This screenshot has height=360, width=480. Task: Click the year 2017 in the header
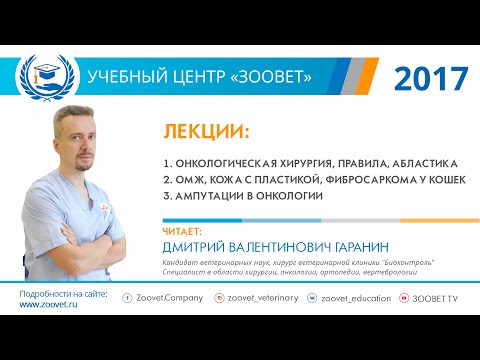pos(430,76)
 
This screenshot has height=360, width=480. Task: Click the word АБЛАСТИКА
pos(421,162)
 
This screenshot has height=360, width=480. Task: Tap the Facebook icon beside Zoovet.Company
pos(127,298)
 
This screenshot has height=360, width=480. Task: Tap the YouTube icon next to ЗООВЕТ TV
pos(403,298)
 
